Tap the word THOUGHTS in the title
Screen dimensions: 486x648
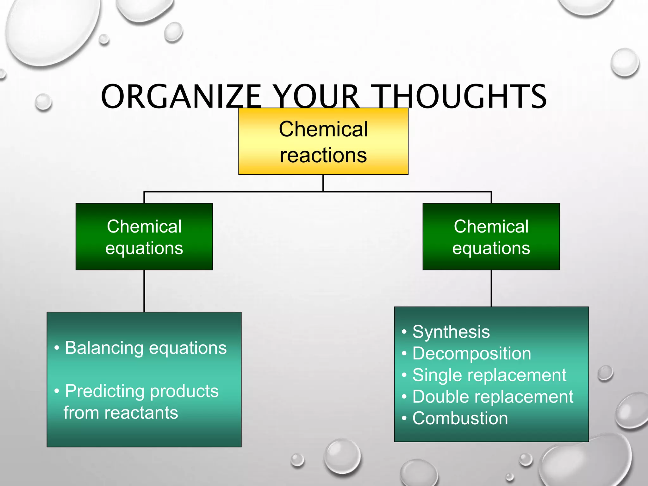pos(460,96)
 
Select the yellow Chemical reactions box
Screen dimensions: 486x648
pos(323,141)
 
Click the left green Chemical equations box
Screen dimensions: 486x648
pos(144,237)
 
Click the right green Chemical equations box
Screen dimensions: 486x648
pos(491,237)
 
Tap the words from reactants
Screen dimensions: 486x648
pos(121,413)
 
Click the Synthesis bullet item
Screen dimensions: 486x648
pos(451,332)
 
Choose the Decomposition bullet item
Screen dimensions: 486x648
pos(471,353)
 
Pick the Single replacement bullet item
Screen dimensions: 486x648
pos(489,375)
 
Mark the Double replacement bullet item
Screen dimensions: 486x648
pos(493,397)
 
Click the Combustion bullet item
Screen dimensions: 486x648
pos(460,418)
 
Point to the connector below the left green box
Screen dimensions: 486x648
pos(144,291)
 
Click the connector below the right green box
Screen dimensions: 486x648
pos(491,288)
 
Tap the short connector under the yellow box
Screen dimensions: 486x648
pos(323,183)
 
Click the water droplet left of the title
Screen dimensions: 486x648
pos(43,102)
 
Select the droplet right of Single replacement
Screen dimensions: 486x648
pos(605,373)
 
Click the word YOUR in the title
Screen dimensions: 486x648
pos(316,96)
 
